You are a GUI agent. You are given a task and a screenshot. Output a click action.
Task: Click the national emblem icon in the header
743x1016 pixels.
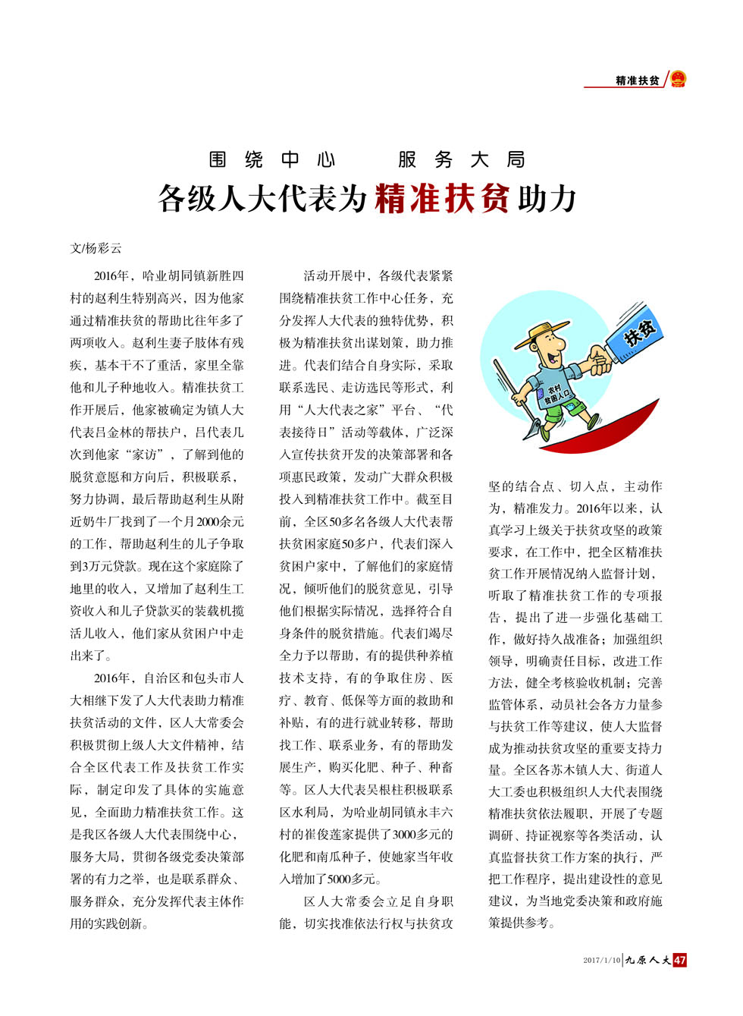tap(678, 79)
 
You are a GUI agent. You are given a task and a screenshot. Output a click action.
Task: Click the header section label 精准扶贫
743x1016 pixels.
tap(637, 80)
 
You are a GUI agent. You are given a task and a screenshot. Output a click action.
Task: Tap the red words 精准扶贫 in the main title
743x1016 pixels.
tap(442, 199)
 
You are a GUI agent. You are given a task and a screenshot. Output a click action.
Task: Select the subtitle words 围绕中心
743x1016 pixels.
tap(272, 159)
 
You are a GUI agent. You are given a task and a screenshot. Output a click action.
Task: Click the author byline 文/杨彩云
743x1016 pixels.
tap(96, 248)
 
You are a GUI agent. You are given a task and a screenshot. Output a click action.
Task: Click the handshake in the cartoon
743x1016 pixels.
tap(599, 360)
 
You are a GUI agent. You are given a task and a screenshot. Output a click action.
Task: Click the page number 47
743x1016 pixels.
tap(680, 960)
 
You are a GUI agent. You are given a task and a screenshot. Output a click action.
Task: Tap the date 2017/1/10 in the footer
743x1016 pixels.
tap(601, 961)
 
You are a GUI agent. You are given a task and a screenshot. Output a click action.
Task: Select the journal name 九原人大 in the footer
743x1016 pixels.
tap(647, 960)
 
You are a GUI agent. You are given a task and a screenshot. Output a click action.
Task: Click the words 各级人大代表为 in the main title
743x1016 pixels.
tap(262, 199)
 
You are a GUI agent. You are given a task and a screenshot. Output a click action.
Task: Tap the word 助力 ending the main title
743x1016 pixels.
tap(547, 199)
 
